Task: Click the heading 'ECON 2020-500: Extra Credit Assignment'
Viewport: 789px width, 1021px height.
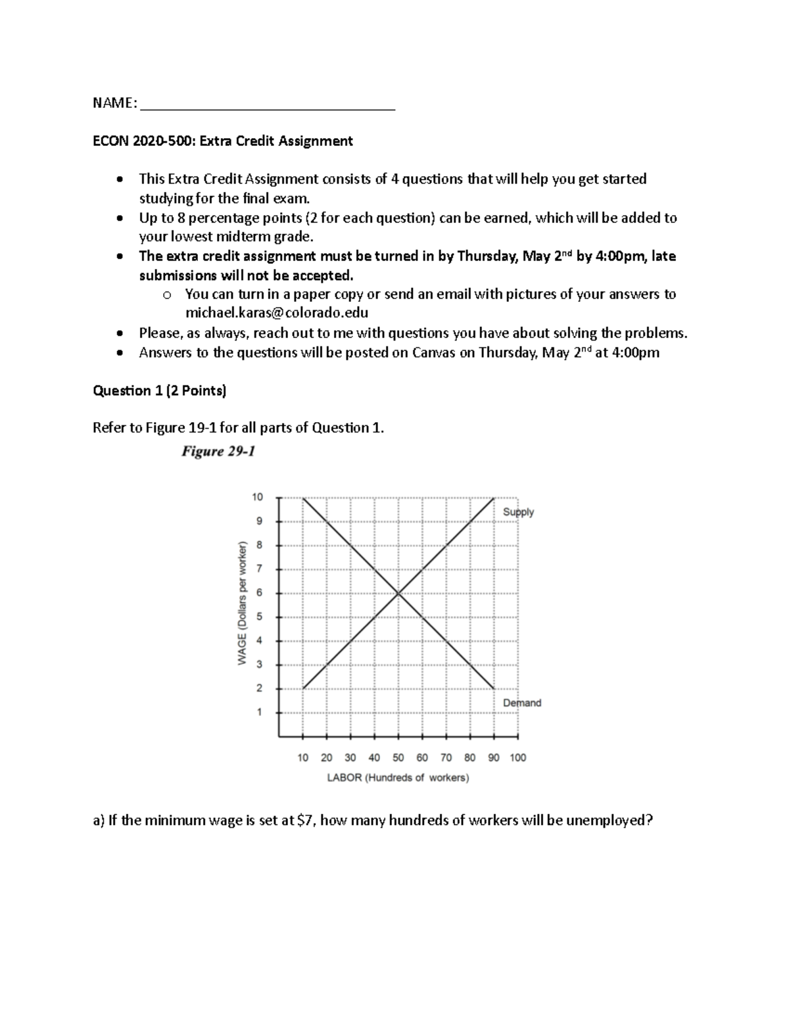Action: [x=223, y=141]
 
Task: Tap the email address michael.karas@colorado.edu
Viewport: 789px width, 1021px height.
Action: [x=276, y=313]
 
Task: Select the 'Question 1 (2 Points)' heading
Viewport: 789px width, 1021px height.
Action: [x=160, y=391]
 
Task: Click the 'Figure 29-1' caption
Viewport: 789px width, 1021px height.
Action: [x=218, y=452]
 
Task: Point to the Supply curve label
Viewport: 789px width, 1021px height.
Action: [x=518, y=512]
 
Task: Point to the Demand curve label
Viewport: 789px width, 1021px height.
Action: [x=522, y=703]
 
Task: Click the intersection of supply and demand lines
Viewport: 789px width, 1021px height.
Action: [x=398, y=594]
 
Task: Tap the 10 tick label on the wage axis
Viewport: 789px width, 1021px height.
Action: [x=257, y=498]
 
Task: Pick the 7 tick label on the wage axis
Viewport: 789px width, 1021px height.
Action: [x=259, y=569]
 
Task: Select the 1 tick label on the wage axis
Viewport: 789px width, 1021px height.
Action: [x=259, y=712]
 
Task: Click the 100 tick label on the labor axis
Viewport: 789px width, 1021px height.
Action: [x=517, y=757]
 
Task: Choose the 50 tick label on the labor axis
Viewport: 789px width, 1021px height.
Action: [x=398, y=757]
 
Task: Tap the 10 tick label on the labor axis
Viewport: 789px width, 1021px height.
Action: [x=302, y=757]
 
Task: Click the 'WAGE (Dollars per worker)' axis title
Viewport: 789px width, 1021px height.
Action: [x=242, y=603]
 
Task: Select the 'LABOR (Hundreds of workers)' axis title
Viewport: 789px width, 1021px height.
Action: [x=398, y=778]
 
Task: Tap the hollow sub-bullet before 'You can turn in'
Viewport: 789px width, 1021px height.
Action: [x=166, y=295]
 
